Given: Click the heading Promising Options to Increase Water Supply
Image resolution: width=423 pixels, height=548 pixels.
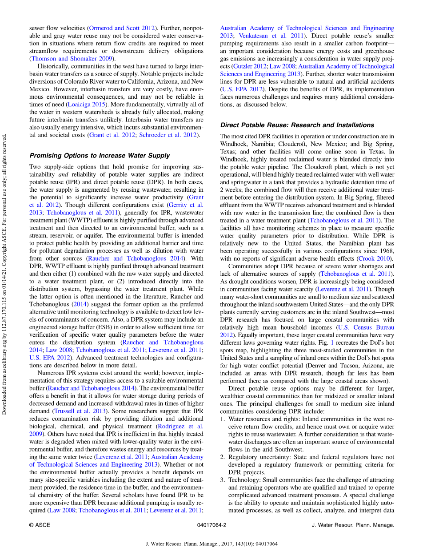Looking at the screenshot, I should click(x=100, y=156).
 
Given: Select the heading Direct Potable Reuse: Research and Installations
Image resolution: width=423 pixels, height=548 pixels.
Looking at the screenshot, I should click(x=297, y=125).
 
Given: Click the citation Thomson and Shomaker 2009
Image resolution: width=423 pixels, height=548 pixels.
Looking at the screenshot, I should click(x=72, y=58).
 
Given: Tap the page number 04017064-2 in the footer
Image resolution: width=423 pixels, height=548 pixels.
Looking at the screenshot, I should click(x=211, y=525).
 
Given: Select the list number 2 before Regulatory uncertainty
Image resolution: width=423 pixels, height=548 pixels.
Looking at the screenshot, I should click(x=223, y=457).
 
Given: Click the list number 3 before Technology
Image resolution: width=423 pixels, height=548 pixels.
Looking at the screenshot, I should click(x=223, y=480).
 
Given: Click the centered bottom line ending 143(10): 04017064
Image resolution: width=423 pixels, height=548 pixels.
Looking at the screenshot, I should click(x=211, y=544).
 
